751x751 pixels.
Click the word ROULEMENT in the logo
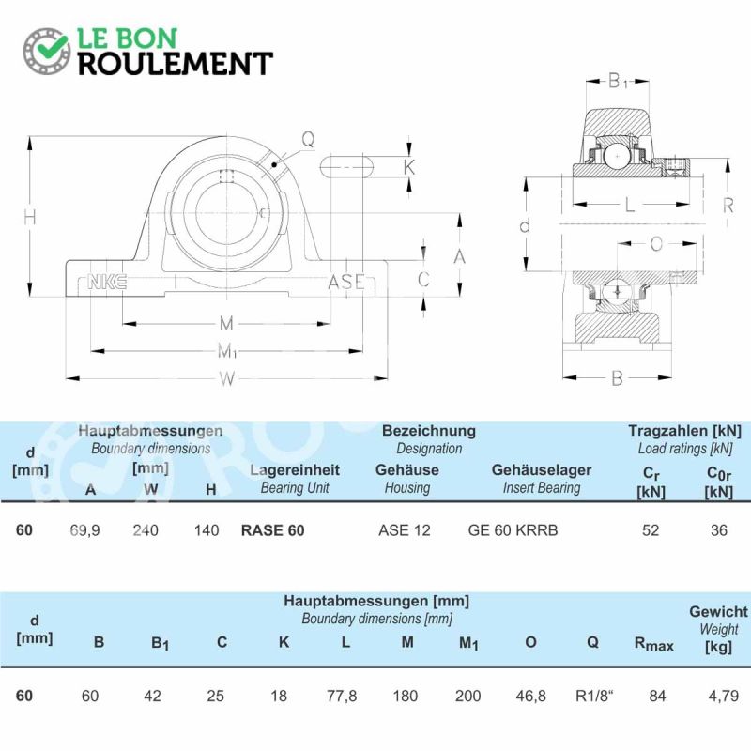click(176, 63)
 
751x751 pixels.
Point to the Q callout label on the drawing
click(308, 139)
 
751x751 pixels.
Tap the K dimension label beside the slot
click(409, 167)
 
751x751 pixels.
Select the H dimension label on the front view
click(30, 218)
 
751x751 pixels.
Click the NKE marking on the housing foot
click(107, 282)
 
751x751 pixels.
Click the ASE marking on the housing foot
click(345, 282)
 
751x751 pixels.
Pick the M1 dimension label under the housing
click(226, 351)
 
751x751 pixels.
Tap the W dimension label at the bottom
click(226, 379)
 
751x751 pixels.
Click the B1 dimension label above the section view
click(618, 81)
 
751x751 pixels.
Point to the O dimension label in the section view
click(656, 244)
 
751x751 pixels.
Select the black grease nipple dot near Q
click(274, 165)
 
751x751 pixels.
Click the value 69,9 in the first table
click(84, 530)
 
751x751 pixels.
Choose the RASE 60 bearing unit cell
click(272, 530)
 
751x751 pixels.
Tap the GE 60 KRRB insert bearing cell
click(513, 530)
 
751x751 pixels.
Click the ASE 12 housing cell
click(405, 530)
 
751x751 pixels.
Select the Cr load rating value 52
click(651, 530)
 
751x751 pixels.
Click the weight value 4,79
click(723, 696)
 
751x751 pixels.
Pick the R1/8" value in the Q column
click(594, 696)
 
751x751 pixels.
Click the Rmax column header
click(653, 644)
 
